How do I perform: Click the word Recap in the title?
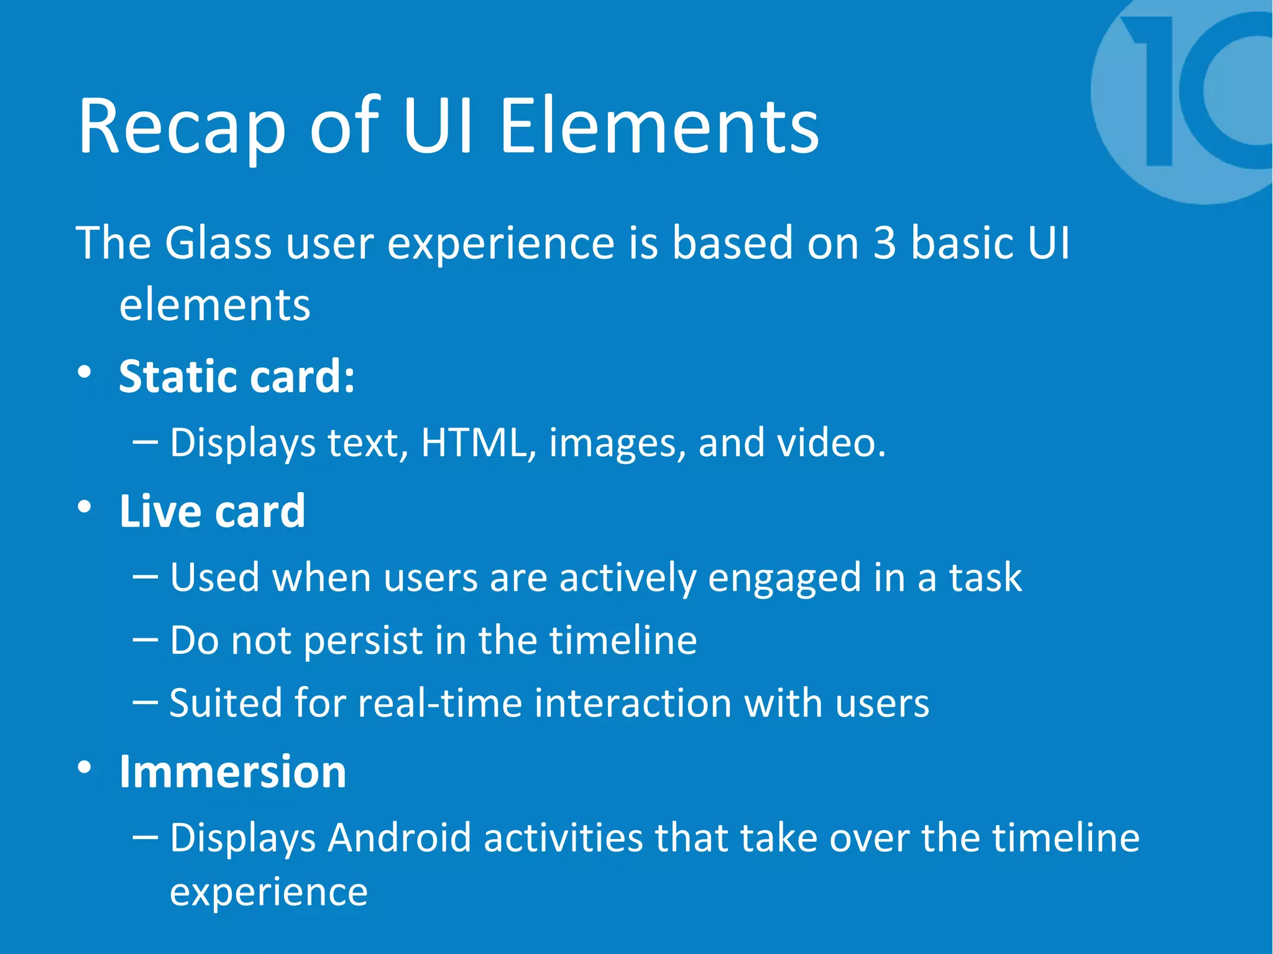pyautogui.click(x=182, y=127)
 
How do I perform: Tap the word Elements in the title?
pyautogui.click(x=659, y=127)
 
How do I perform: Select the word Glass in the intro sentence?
pyautogui.click(x=218, y=243)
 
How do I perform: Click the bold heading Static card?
pyautogui.click(x=237, y=377)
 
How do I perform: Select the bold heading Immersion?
pyautogui.click(x=232, y=772)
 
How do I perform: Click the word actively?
pyautogui.click(x=627, y=578)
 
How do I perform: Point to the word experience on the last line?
pyautogui.click(x=269, y=893)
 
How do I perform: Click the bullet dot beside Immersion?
pyautogui.click(x=85, y=768)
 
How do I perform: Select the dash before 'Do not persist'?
pyautogui.click(x=145, y=640)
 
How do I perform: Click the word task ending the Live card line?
pyautogui.click(x=985, y=578)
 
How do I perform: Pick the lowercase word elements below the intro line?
pyautogui.click(x=214, y=306)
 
